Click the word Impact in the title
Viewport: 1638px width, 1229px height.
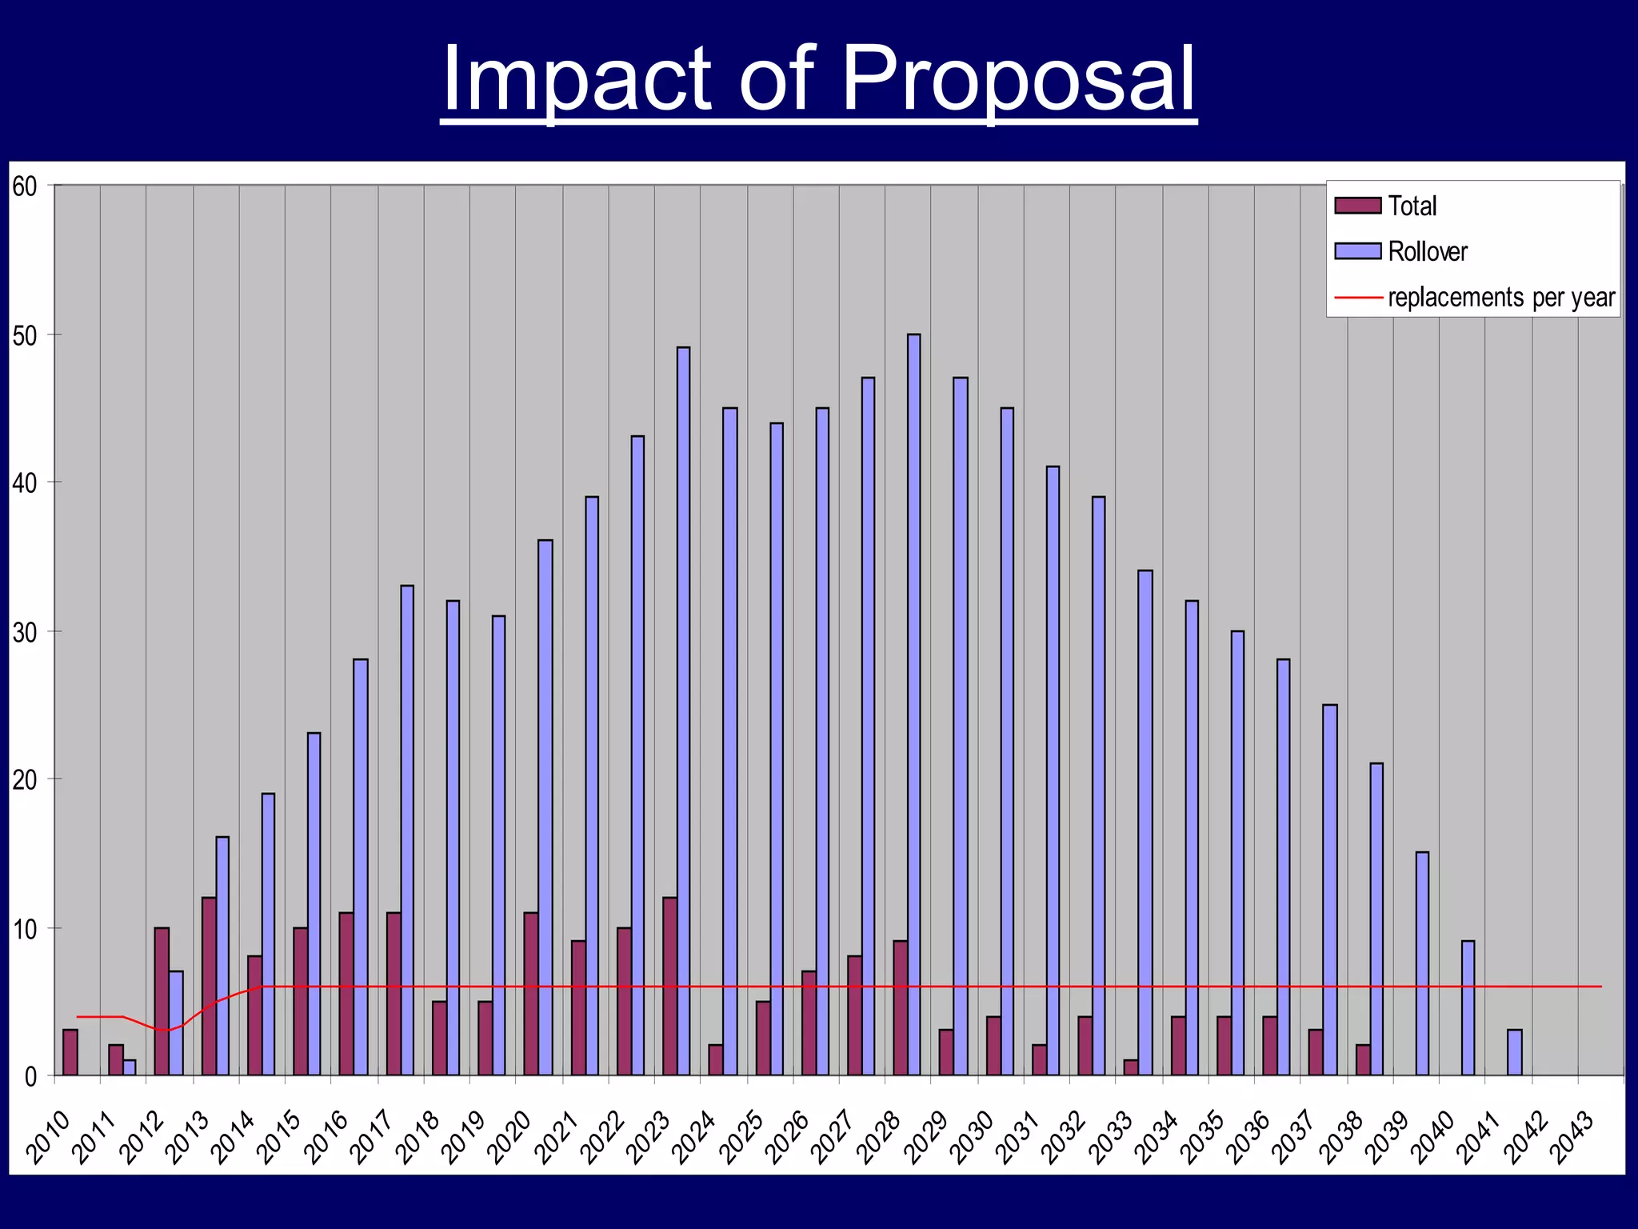pos(576,80)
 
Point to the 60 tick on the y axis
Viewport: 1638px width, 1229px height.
pos(26,186)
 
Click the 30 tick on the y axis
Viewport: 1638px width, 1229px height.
pos(26,632)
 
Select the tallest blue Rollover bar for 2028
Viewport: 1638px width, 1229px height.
pos(913,704)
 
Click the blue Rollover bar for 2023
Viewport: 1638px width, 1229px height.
pos(683,712)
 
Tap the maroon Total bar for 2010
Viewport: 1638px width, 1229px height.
pos(70,1052)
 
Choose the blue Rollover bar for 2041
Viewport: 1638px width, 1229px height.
pos(1514,1052)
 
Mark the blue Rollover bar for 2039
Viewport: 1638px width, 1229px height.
pos(1422,964)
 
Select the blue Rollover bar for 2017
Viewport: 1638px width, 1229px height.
pos(407,832)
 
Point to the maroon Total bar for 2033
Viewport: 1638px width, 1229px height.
pos(1131,1067)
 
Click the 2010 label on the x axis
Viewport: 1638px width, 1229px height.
pos(49,1137)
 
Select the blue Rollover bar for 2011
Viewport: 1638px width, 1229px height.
pos(130,1067)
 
